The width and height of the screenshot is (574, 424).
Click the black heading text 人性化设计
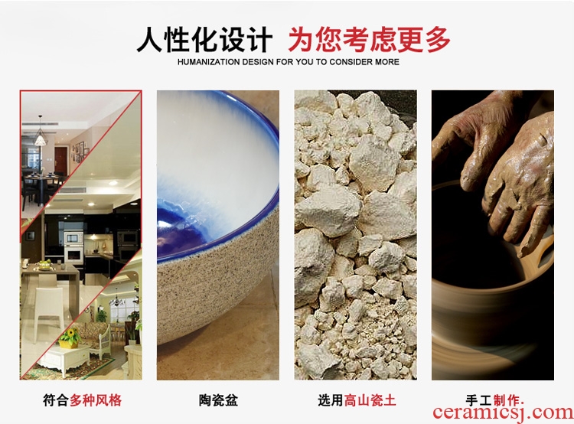coord(204,40)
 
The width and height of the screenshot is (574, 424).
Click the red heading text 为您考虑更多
coord(369,40)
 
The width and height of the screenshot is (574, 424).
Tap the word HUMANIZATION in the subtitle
coord(208,62)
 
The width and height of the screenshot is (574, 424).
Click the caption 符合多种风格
coord(82,400)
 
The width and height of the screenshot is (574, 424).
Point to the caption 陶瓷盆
coord(218,400)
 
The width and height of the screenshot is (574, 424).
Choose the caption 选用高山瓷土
coord(357,400)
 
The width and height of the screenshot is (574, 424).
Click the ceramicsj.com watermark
coord(503,413)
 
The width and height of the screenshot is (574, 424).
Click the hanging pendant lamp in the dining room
coord(40,135)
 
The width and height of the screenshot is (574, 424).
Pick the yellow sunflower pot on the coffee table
coord(70,338)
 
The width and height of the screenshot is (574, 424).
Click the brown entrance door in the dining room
coord(60,160)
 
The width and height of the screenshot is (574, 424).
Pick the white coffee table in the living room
coord(63,359)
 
